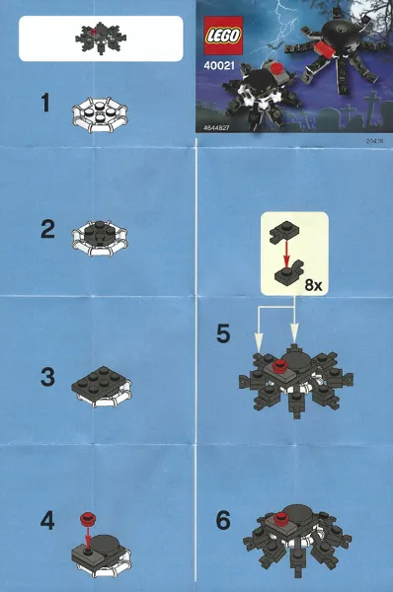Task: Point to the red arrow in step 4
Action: (x=88, y=538)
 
